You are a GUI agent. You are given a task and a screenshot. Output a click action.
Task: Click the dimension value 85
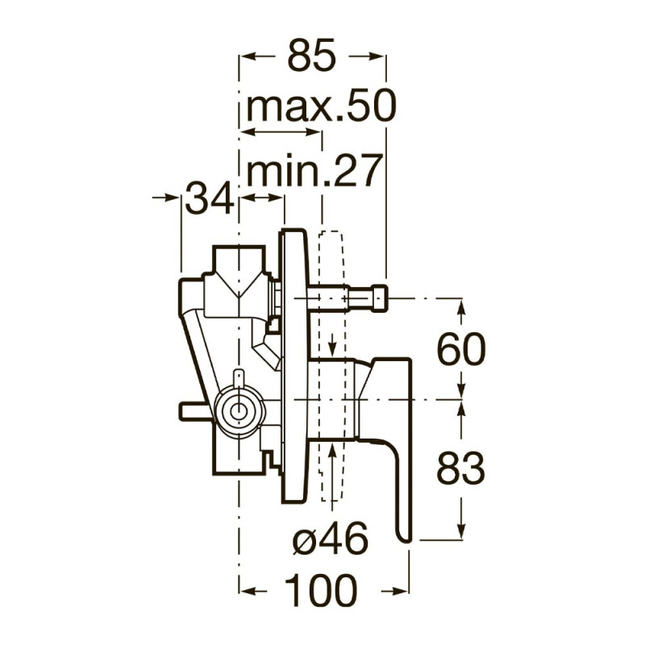pyautogui.click(x=312, y=55)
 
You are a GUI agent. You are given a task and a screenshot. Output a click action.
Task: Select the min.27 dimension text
pyautogui.click(x=312, y=170)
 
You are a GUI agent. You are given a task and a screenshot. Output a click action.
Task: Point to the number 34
pyautogui.click(x=210, y=198)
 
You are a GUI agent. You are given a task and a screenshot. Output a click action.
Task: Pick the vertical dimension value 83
pyautogui.click(x=460, y=468)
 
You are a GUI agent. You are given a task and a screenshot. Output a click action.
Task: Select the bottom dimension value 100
pyautogui.click(x=321, y=591)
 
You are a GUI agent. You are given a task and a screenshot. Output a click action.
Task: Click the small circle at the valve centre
pyautogui.click(x=237, y=411)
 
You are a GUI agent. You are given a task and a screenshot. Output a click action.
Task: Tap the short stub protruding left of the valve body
pyautogui.click(x=193, y=410)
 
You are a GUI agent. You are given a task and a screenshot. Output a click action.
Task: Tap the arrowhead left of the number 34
pyautogui.click(x=172, y=198)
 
